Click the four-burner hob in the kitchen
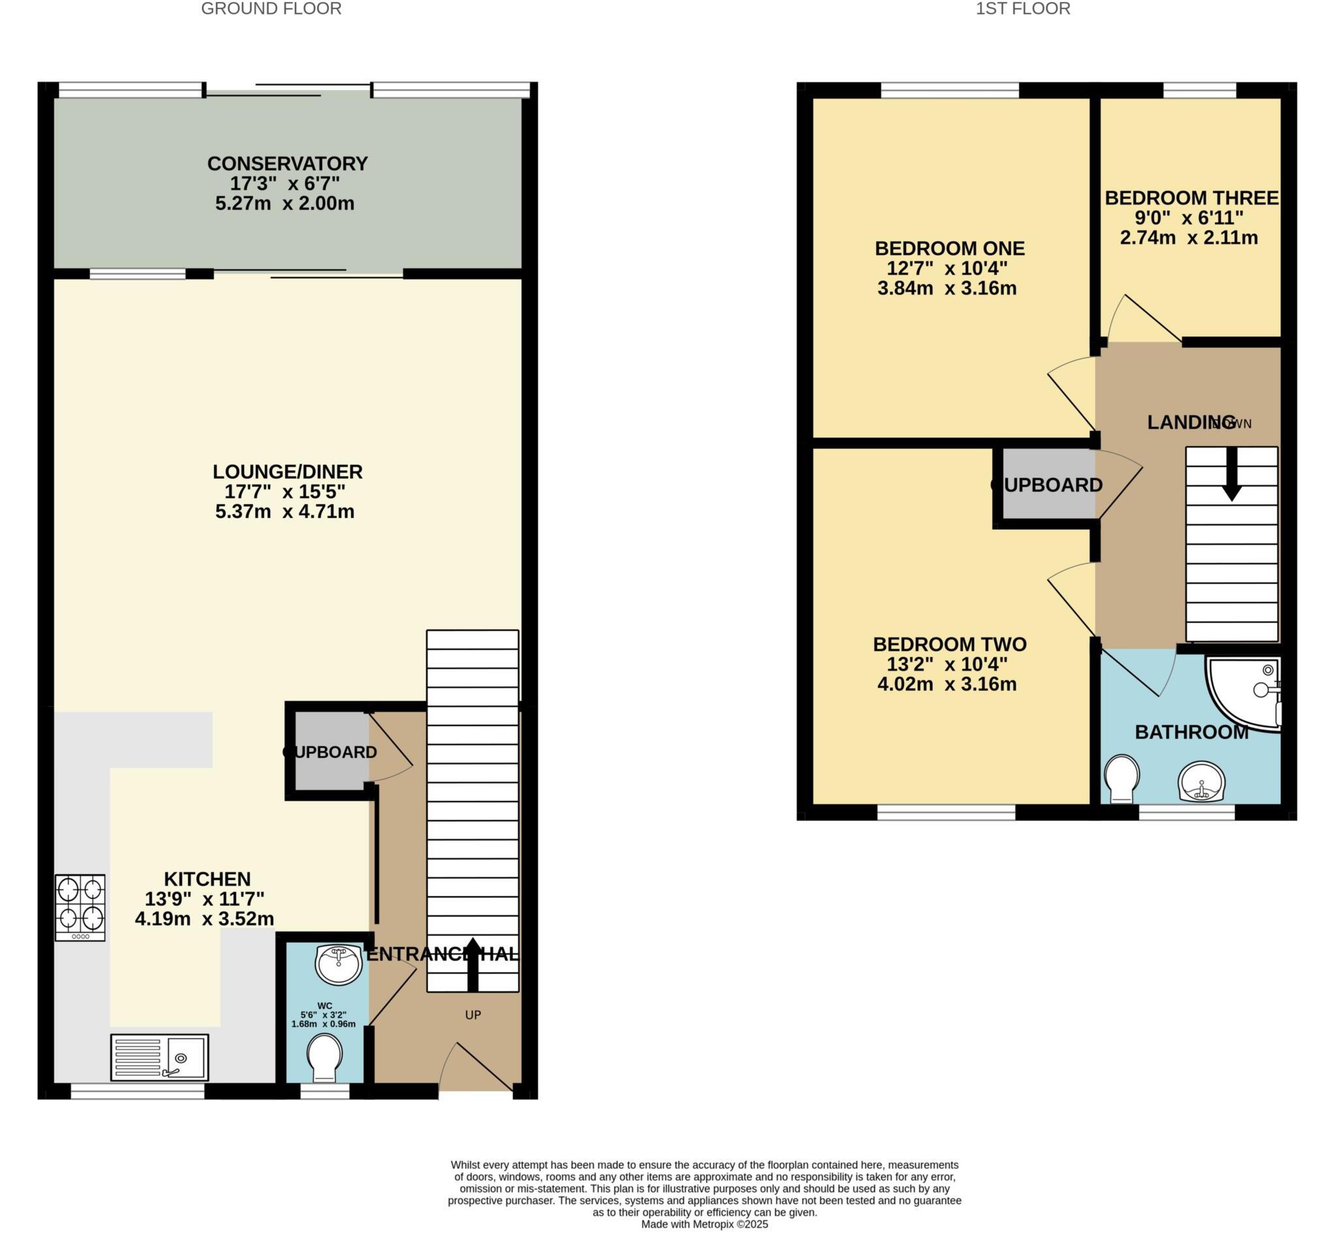80,907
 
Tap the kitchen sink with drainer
159,1057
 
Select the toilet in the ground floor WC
325,1057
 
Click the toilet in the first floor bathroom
1121,778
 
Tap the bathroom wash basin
1202,782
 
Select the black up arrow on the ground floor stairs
473,963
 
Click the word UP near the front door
473,1015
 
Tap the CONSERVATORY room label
288,163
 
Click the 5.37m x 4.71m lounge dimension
284,511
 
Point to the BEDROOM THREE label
1192,198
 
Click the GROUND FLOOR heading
271,8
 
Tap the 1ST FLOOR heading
1023,8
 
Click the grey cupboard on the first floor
1048,485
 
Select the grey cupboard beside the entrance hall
331,751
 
